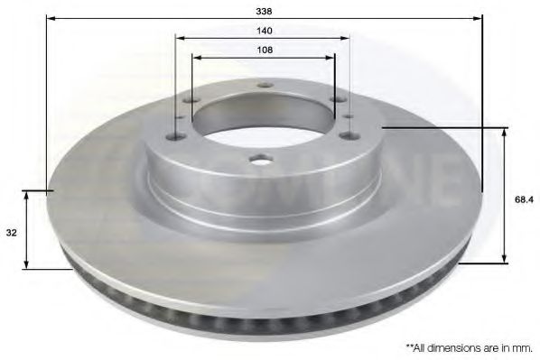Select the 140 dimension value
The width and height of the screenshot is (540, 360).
click(x=264, y=31)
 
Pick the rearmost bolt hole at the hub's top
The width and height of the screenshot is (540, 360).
click(x=264, y=85)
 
